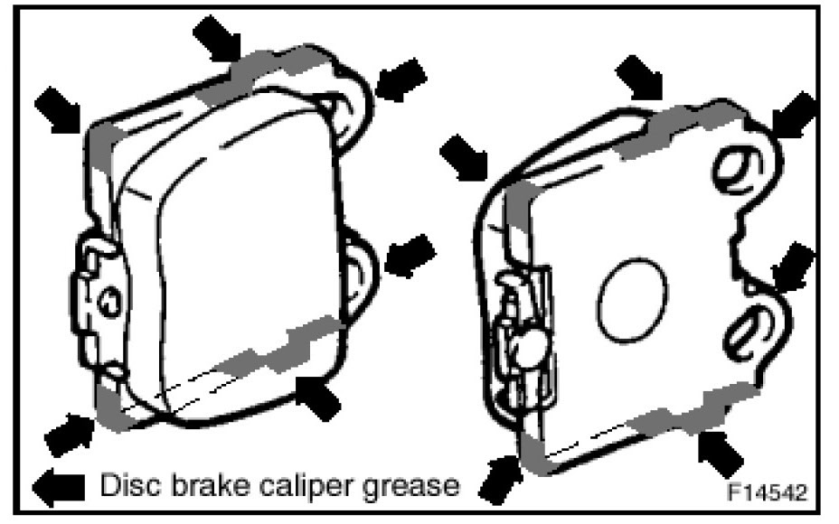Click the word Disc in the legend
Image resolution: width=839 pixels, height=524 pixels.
129,485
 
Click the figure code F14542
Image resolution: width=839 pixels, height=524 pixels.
767,491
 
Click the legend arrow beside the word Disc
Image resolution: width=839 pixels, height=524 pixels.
59,487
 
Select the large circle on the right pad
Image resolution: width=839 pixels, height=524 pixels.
632,301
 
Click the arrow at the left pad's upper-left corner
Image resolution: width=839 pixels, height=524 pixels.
58,109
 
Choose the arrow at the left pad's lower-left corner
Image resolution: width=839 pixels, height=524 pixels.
70,435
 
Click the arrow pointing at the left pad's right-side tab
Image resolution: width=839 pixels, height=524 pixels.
410,256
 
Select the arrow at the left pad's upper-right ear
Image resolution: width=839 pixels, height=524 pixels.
401,80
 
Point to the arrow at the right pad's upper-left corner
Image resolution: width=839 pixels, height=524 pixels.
464,158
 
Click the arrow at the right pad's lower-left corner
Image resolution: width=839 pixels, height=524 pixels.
500,479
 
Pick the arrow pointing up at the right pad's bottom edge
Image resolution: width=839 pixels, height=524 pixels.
721,454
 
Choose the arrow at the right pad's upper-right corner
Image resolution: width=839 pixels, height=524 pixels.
794,114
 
